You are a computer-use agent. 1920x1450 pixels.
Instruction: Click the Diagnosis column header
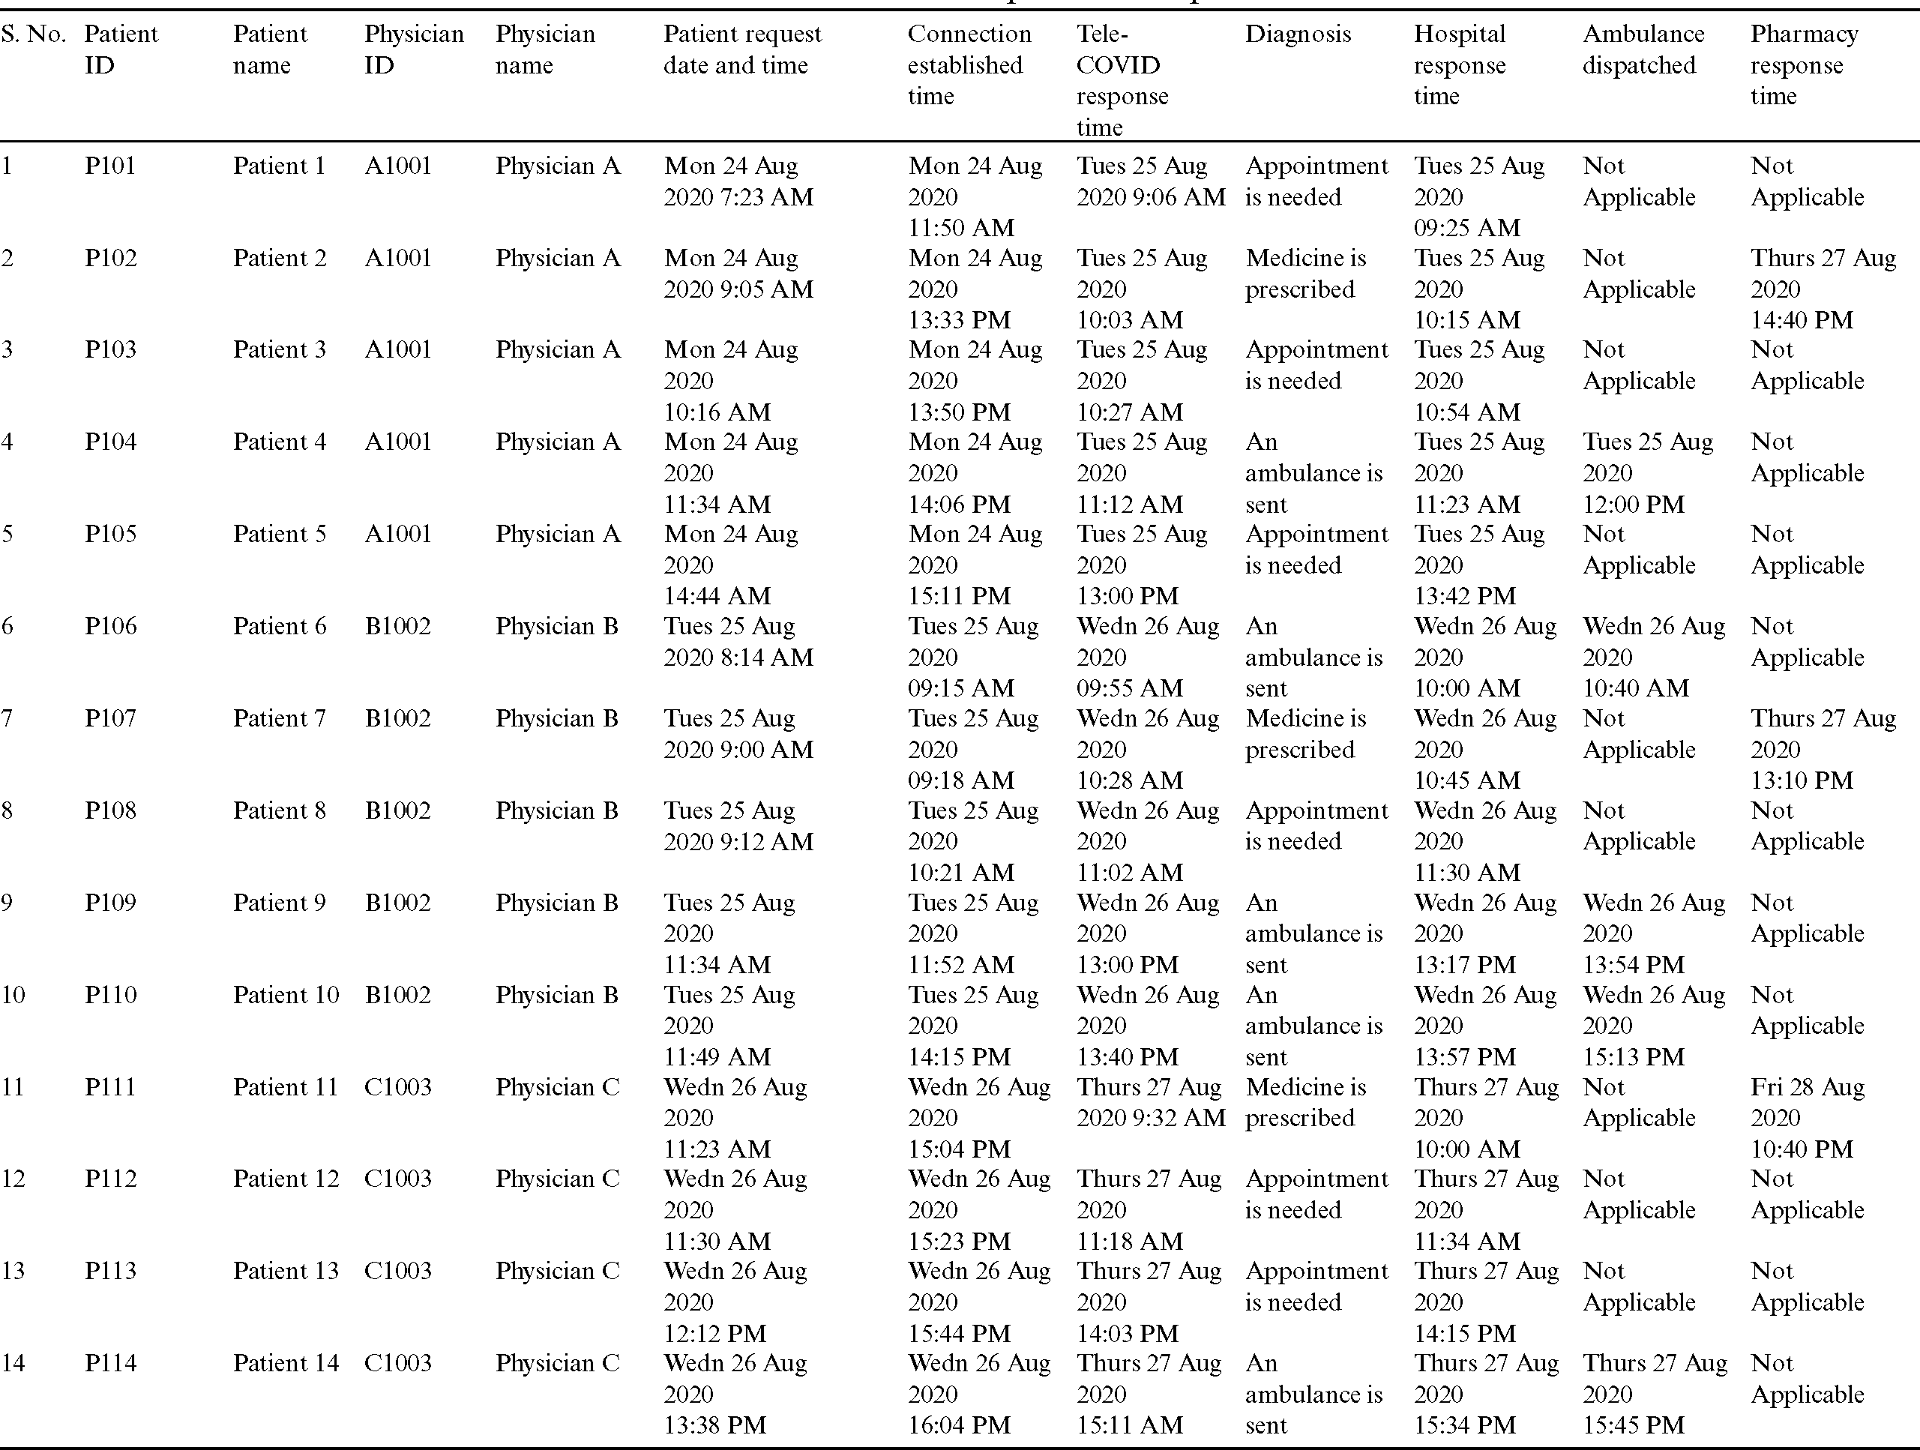1298,34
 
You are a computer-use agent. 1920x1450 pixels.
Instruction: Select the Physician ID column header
413,49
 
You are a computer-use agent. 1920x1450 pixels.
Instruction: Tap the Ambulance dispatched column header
1643,49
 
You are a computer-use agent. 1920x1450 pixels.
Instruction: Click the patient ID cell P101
110,166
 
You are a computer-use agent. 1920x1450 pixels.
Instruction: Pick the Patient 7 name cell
280,719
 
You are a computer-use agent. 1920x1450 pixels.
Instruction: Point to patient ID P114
110,1363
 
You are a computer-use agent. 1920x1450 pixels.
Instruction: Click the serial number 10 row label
13,995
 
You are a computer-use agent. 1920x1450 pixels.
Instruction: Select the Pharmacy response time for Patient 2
1822,289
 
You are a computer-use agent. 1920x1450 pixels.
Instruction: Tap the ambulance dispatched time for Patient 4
1646,473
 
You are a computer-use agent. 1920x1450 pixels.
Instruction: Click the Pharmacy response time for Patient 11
1807,1119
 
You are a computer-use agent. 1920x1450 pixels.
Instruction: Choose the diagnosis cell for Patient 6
1313,658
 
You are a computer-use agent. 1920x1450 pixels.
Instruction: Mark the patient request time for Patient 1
738,181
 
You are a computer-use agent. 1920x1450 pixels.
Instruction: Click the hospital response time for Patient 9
1484,933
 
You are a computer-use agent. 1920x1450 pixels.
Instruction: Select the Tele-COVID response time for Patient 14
1149,1395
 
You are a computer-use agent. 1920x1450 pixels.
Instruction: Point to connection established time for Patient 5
975,565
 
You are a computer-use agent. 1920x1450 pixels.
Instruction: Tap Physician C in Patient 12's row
557,1179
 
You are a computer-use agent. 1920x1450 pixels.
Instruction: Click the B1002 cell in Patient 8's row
397,811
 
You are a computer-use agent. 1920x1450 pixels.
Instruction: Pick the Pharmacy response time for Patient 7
1822,749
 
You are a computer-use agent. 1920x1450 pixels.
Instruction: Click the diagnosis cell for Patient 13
1316,1287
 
